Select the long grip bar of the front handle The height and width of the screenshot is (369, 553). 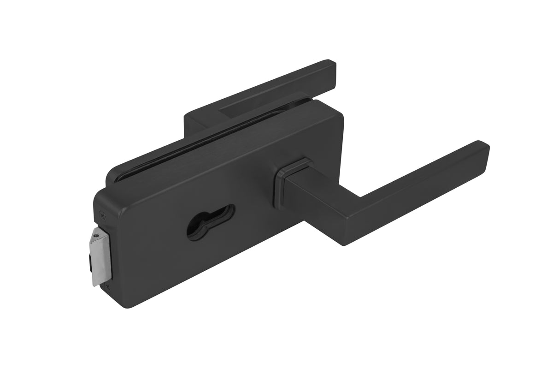point(415,184)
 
